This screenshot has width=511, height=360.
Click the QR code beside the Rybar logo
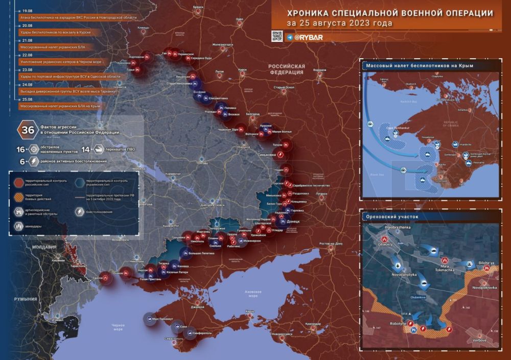pos(277,36)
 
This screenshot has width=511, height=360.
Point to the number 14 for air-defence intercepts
pos(85,149)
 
